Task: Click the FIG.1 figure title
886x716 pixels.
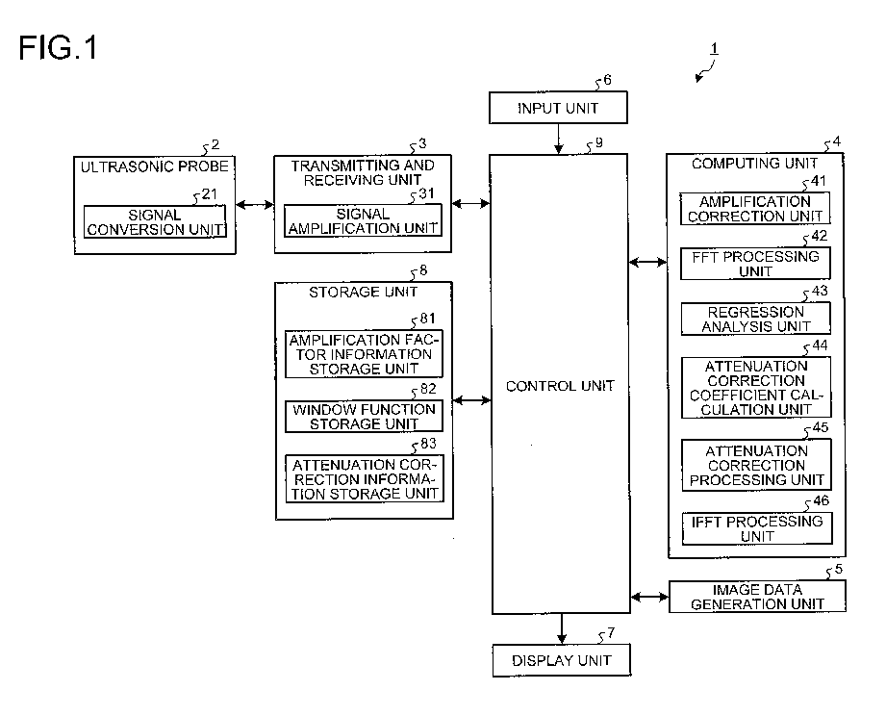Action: click(x=58, y=47)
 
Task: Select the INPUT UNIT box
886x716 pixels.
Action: click(x=558, y=108)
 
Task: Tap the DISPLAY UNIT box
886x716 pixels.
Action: click(x=561, y=660)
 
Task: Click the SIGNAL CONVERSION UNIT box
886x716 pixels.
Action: click(x=155, y=221)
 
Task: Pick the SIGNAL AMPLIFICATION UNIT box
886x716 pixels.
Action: click(x=363, y=220)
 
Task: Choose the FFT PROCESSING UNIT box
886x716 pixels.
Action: click(x=755, y=264)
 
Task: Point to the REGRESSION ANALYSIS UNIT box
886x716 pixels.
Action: click(x=756, y=319)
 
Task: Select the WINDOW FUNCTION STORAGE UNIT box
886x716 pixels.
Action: click(x=364, y=417)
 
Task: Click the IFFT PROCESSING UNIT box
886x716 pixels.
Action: click(x=757, y=528)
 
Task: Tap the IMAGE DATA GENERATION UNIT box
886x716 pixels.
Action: click(x=757, y=597)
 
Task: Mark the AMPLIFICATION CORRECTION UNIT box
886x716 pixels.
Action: click(x=755, y=209)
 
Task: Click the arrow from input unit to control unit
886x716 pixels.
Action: click(x=558, y=139)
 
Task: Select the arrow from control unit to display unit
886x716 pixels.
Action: click(x=561, y=628)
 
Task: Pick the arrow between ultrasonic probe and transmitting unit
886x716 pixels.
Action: click(x=255, y=205)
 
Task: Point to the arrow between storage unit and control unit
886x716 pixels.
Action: click(x=471, y=400)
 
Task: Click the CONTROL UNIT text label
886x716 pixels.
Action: click(x=560, y=386)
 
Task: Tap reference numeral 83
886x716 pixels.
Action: click(x=428, y=444)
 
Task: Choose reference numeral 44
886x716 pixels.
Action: click(x=820, y=345)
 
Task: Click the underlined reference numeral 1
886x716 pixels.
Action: click(x=714, y=49)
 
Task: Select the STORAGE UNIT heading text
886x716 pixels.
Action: click(x=363, y=293)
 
